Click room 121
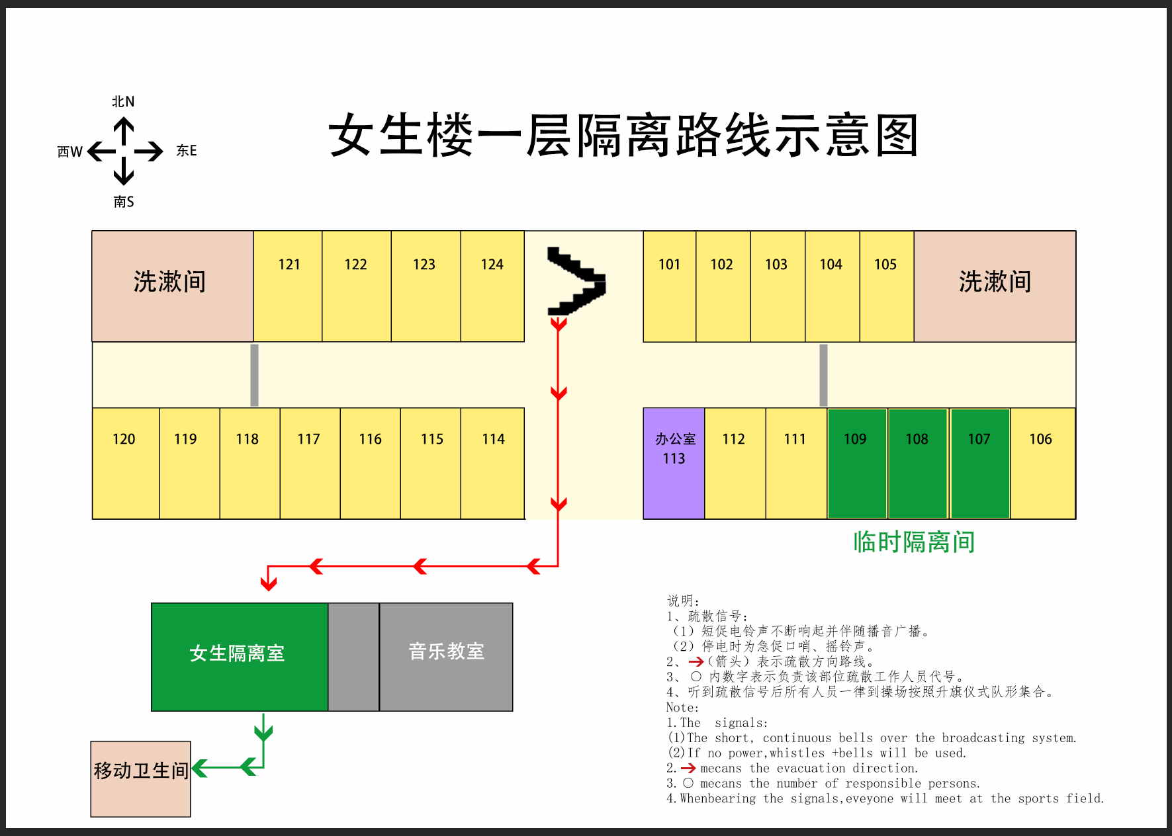[288, 286]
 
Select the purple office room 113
[674, 463]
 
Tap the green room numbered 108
[917, 463]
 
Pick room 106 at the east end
[1042, 463]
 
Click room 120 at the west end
[126, 463]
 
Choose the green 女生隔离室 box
[240, 657]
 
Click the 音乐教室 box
[446, 657]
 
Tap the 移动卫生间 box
[140, 778]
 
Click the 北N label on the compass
[123, 101]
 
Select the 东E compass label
[187, 151]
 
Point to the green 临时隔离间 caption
[914, 542]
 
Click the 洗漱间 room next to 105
[995, 286]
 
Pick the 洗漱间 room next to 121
[172, 286]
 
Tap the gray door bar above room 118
[254, 375]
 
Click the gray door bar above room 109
[823, 375]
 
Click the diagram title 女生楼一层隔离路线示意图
[623, 136]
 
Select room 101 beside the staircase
[669, 286]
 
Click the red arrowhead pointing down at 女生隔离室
[268, 583]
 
